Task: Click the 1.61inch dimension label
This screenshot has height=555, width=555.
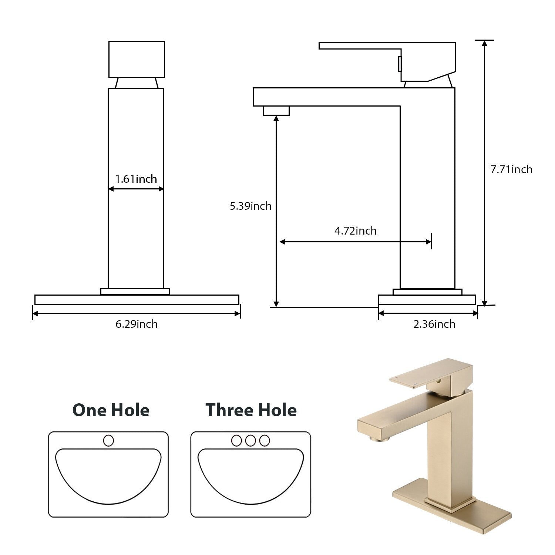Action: (136, 179)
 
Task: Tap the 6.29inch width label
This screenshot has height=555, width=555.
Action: (137, 324)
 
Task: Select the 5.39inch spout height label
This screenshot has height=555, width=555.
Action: (250, 206)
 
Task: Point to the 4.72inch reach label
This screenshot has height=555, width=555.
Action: (356, 231)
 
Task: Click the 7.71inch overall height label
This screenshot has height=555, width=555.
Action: (511, 169)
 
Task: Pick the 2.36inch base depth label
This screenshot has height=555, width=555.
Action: (434, 324)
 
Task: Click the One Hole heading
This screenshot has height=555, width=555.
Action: (111, 410)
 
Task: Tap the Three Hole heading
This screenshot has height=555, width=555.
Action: (251, 410)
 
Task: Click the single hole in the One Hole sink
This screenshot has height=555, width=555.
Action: (108, 441)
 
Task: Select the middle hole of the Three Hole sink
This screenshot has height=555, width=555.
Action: (250, 441)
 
